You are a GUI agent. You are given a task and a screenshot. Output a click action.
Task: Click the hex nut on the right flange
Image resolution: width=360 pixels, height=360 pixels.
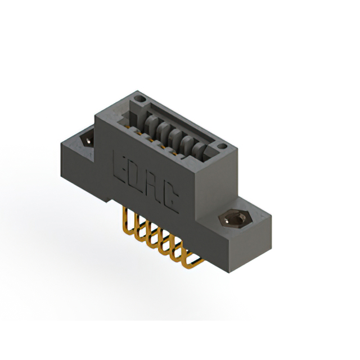pyautogui.click(x=236, y=219)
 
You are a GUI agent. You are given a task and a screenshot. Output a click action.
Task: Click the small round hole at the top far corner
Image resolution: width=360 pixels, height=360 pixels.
pyautogui.click(x=140, y=99)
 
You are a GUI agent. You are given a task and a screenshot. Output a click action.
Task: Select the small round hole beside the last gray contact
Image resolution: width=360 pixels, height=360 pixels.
pyautogui.click(x=222, y=146)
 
